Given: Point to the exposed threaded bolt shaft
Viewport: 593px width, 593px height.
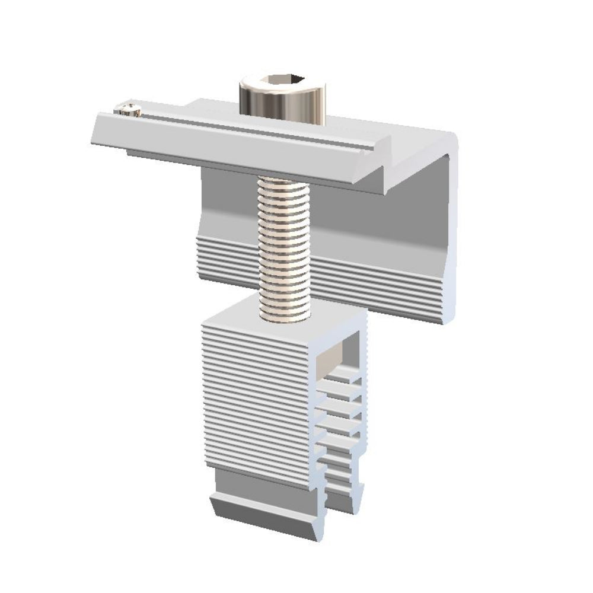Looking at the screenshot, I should [x=284, y=243].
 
